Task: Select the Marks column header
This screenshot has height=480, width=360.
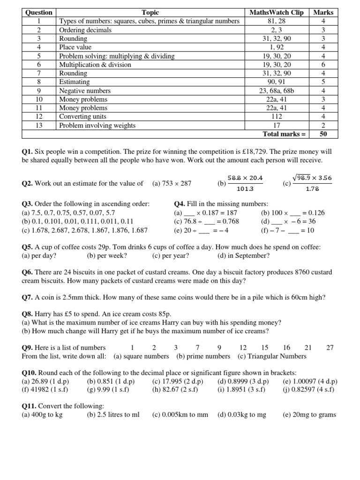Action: click(x=323, y=12)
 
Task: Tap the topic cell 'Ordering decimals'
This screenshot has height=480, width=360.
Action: click(x=85, y=30)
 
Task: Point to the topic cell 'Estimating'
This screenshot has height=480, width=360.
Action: click(x=74, y=82)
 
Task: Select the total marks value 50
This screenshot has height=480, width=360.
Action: click(x=323, y=134)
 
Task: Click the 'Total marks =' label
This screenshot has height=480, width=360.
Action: click(x=284, y=134)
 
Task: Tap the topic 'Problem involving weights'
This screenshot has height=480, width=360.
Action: click(x=97, y=125)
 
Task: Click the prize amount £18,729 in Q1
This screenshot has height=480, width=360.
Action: click(x=254, y=152)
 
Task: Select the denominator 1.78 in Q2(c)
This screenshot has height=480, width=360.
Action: click(x=312, y=189)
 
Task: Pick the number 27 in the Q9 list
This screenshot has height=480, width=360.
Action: click(x=330, y=348)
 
